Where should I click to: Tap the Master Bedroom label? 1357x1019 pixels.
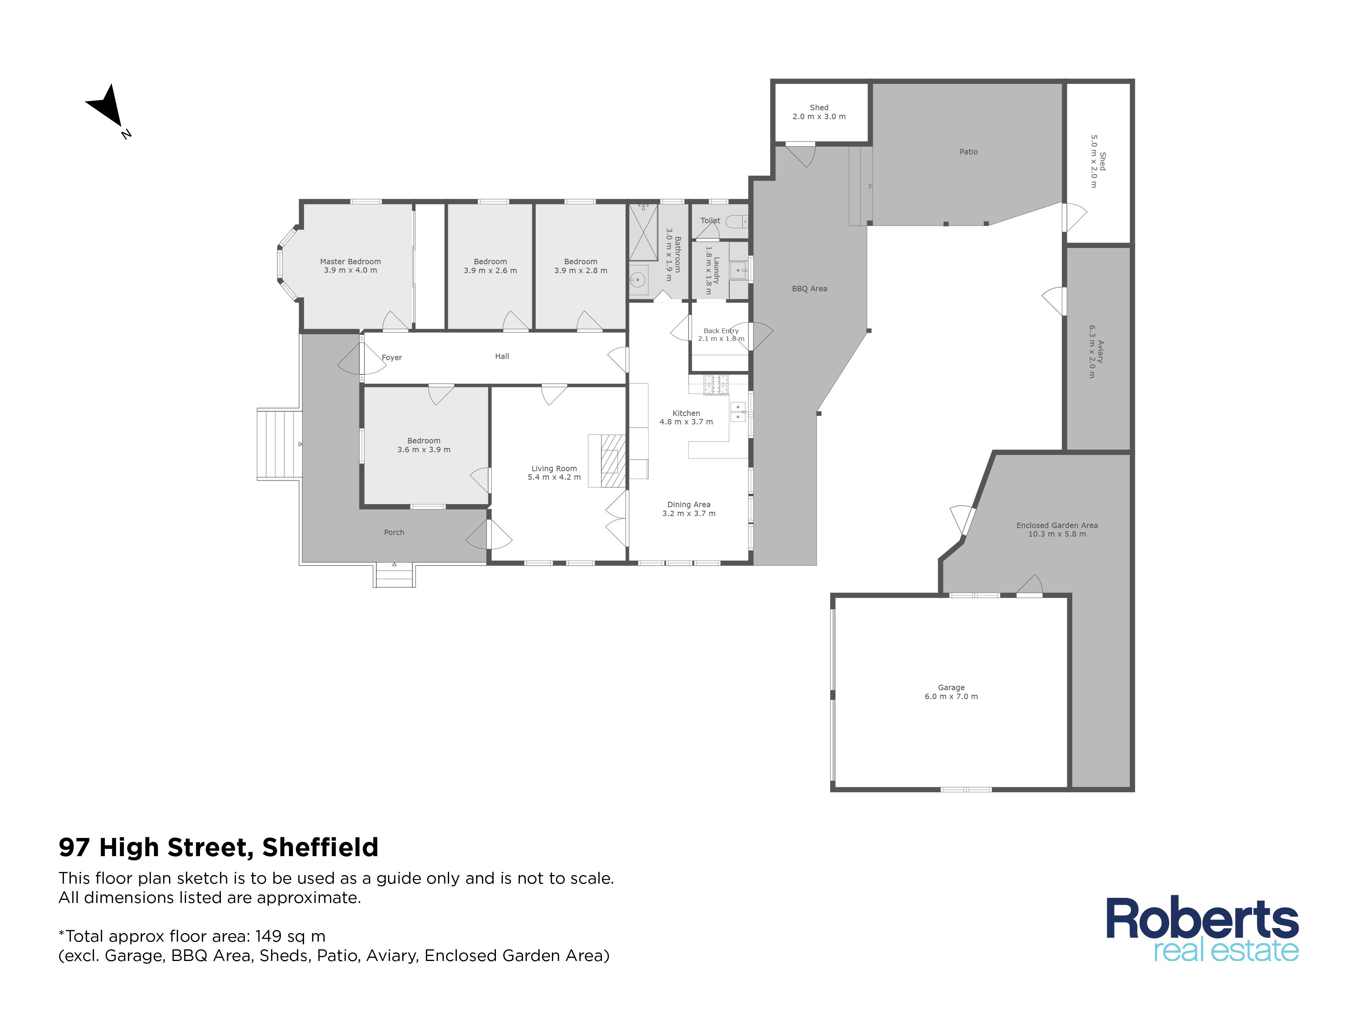click(x=350, y=262)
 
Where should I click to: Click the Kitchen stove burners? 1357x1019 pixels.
click(x=715, y=384)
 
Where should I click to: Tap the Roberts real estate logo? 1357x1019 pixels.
click(x=1202, y=929)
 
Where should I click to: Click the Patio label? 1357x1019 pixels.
click(x=968, y=152)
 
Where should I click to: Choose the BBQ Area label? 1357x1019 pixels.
click(x=809, y=288)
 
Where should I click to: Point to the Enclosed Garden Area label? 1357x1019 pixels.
click(x=1056, y=525)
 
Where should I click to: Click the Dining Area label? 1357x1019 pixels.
click(x=688, y=504)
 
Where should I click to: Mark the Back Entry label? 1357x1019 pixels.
click(x=721, y=331)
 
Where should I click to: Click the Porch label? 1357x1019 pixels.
click(x=394, y=532)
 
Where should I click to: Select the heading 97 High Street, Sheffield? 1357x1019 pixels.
click(x=219, y=847)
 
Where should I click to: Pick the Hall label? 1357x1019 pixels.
click(x=502, y=356)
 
